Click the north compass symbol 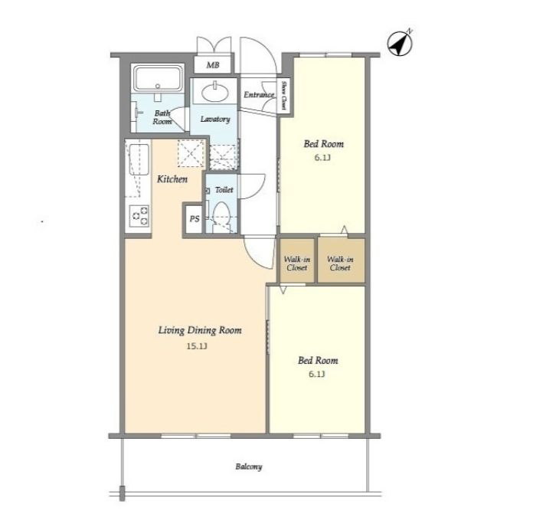[x=401, y=43]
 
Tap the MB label [x=213, y=64]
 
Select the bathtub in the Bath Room [x=158, y=79]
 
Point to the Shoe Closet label [x=284, y=96]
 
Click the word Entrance [x=259, y=95]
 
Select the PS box [x=194, y=218]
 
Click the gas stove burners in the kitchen [x=140, y=216]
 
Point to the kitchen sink [x=139, y=160]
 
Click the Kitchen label [x=172, y=179]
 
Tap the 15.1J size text [x=197, y=346]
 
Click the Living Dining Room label [x=200, y=330]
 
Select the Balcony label [x=249, y=466]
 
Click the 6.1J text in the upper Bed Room [x=322, y=158]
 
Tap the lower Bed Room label [x=318, y=361]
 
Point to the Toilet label [x=224, y=190]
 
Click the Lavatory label [x=215, y=119]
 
